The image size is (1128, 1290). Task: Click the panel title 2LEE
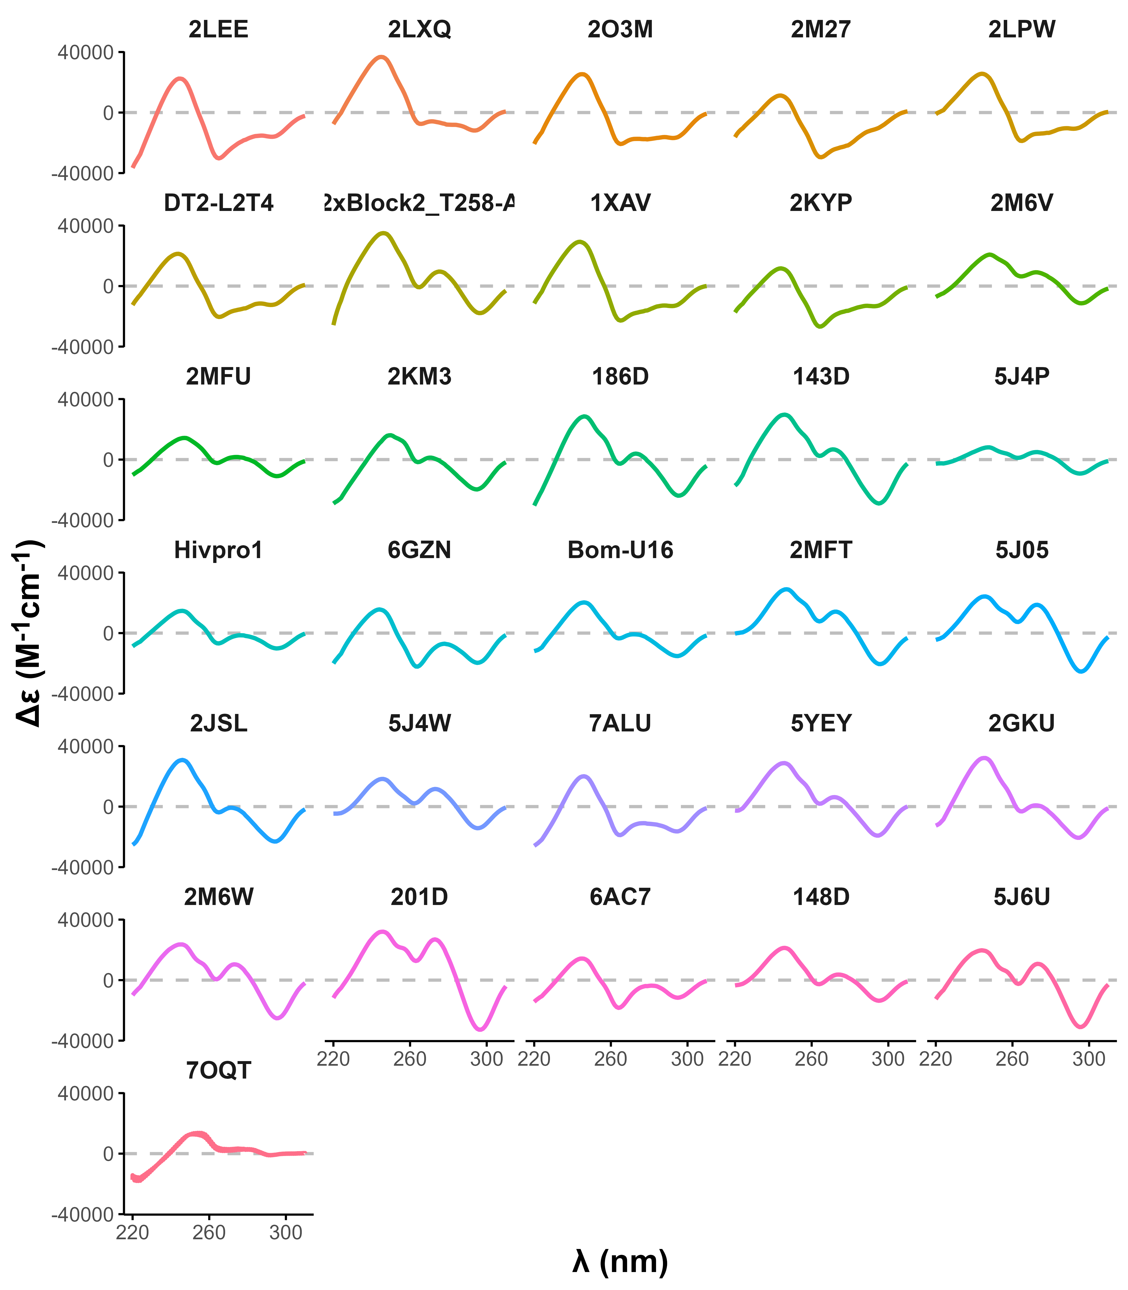point(218,30)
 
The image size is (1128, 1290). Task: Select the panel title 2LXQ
point(419,30)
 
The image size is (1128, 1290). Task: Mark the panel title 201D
point(419,897)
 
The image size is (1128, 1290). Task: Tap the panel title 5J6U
point(1022,897)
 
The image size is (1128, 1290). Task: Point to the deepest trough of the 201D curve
point(480,1029)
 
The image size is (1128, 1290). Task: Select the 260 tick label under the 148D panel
point(811,1059)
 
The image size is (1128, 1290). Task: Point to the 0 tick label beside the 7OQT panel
point(108,1154)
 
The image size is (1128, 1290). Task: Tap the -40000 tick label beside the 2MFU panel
point(83,520)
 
